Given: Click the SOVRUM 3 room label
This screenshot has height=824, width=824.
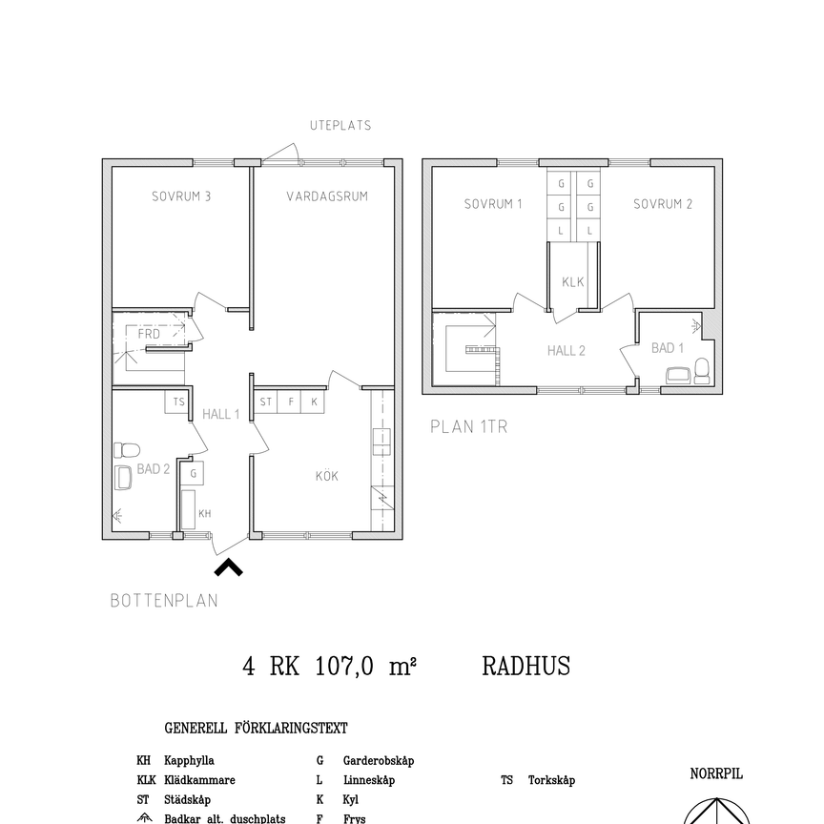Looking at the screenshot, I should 180,197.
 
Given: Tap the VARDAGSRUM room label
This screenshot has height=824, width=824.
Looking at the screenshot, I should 327,197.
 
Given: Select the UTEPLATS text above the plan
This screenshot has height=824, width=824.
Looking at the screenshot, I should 340,125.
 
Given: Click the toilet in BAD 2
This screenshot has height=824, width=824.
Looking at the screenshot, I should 127,450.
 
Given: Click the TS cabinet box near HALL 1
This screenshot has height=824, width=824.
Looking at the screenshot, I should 177,402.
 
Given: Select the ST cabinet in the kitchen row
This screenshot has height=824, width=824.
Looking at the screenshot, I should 266,402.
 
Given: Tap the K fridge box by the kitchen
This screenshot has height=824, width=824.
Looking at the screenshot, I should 314,402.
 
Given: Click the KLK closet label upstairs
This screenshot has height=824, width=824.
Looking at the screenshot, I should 572,282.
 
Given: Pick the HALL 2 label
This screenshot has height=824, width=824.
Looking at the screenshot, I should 566,351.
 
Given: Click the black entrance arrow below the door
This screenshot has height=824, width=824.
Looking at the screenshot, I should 228,568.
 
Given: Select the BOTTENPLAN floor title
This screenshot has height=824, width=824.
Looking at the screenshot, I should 163,601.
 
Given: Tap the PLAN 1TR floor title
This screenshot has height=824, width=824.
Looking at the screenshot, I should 468,427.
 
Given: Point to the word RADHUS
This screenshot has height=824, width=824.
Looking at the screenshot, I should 525,667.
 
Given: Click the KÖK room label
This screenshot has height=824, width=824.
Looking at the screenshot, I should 327,476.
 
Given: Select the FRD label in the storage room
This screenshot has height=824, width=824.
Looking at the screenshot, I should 149,334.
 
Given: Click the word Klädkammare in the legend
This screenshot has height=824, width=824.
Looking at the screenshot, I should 199,780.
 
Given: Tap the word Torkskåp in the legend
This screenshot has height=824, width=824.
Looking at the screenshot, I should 551,780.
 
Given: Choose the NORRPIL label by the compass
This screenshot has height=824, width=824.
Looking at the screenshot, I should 715,774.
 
